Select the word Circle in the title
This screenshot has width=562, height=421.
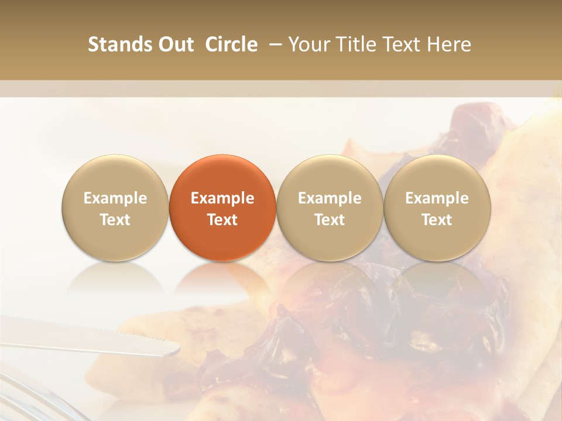pos(231,44)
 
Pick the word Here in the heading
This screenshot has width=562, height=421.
pos(448,44)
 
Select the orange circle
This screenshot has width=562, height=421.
pos(222,208)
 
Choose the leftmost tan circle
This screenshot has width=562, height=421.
pos(115,208)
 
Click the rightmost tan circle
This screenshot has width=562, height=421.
pos(437,208)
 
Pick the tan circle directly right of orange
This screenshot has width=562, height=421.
pos(330,208)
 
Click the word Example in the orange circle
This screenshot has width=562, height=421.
pos(222,198)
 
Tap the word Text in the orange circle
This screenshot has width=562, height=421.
pos(222,220)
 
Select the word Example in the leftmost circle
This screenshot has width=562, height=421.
pos(115,198)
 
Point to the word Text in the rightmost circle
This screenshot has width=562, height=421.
pos(437,220)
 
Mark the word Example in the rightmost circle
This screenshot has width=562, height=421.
pos(437,198)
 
